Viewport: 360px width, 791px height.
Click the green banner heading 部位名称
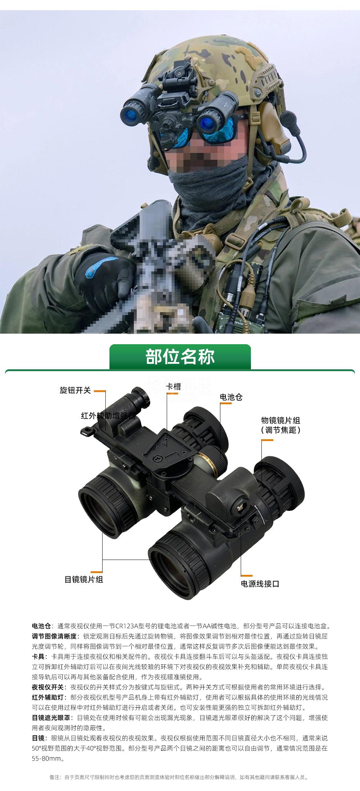[180, 357]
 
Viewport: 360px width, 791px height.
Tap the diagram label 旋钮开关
[75, 390]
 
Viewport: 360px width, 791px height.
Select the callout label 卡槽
[173, 387]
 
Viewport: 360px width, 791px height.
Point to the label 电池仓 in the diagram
[231, 397]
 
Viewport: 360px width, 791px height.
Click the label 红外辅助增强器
[108, 416]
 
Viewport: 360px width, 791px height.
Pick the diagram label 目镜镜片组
[84, 580]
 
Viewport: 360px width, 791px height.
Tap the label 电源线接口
[260, 584]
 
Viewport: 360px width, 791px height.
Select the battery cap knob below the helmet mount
[168, 139]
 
